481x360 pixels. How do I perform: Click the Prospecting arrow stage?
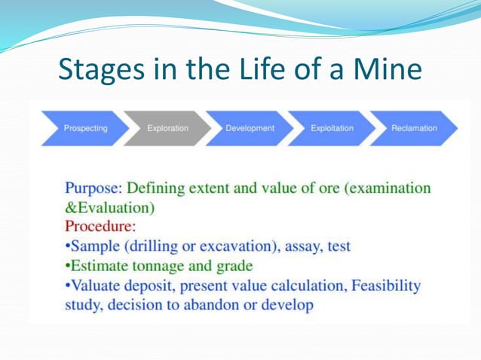(85, 128)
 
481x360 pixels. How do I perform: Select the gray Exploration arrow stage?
(167, 128)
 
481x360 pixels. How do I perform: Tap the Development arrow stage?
(250, 128)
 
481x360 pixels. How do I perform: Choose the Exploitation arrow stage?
(332, 128)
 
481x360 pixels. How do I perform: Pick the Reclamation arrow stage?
(414, 128)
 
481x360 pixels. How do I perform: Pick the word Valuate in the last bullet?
(97, 285)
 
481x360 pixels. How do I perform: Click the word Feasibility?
(383, 285)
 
